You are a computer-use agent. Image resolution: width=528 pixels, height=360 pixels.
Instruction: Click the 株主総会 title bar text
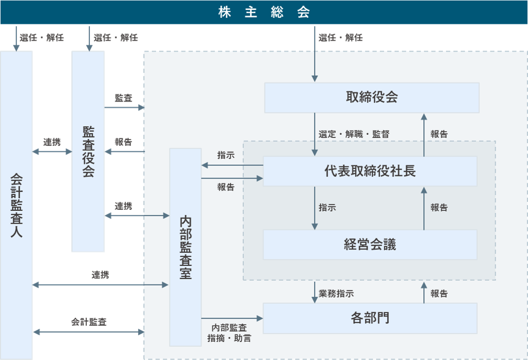pos(264,12)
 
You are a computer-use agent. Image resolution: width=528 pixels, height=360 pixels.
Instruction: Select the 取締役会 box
pos(371,97)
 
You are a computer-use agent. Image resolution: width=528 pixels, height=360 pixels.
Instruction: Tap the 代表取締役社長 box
pos(370,171)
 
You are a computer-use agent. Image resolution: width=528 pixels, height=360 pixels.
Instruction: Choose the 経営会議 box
pos(370,244)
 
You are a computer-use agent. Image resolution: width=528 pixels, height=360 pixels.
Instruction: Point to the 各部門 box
pos(370,318)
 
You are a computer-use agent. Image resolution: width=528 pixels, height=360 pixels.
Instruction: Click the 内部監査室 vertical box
pos(185,247)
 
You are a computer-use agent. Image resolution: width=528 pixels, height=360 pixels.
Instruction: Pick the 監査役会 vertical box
pos(88,151)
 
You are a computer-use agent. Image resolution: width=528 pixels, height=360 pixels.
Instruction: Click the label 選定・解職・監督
pos(354,134)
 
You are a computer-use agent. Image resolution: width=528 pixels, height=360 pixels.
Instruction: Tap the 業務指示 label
pos(336,293)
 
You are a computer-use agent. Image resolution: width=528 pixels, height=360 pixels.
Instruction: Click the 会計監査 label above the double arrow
pos(89,322)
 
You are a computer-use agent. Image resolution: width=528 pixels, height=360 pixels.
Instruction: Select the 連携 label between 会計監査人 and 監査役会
pos(52,142)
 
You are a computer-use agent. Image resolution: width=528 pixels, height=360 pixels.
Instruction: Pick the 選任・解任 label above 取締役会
pos(341,38)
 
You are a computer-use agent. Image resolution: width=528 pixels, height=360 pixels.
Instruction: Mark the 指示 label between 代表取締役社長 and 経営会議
pos(327,208)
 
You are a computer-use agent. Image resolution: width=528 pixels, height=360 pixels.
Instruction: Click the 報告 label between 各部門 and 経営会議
pos(439,293)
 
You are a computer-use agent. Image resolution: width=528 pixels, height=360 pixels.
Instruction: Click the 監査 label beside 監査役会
pos(123,98)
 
